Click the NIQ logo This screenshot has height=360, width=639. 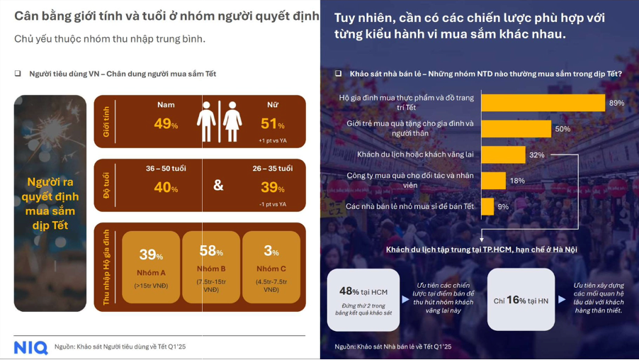pos(30,347)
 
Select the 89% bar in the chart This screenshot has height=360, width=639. pos(543,102)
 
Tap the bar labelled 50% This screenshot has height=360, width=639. pos(516,128)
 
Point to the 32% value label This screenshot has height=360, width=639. pos(537,154)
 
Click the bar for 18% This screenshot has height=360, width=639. pos(493,180)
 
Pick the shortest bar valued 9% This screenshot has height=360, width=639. pos(487,206)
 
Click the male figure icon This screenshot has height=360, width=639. pos(206,121)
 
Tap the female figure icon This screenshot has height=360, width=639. pos(232,121)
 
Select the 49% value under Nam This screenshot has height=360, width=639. pos(166,124)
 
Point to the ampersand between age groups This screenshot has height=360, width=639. pos(218,186)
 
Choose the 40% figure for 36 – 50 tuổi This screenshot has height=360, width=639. pos(166,188)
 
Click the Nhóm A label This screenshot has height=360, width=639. pos(151,272)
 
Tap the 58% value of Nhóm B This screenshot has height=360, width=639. pos(211,252)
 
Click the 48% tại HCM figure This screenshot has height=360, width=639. pos(363,291)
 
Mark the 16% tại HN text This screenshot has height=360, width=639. pos(521,300)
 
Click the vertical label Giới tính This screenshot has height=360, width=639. pos(107,122)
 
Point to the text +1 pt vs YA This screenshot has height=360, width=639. pos(272,141)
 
